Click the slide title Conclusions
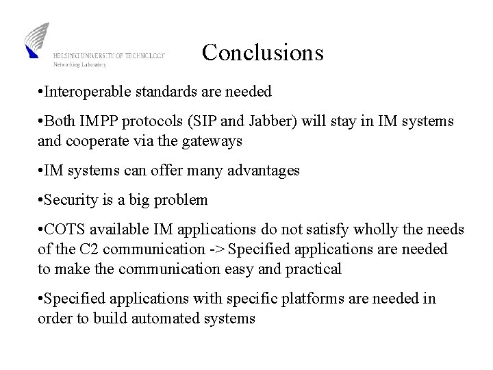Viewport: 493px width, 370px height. [x=262, y=53]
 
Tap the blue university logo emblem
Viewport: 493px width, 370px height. [x=38, y=40]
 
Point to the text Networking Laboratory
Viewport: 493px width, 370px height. [x=80, y=64]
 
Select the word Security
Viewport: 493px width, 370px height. [x=72, y=200]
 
